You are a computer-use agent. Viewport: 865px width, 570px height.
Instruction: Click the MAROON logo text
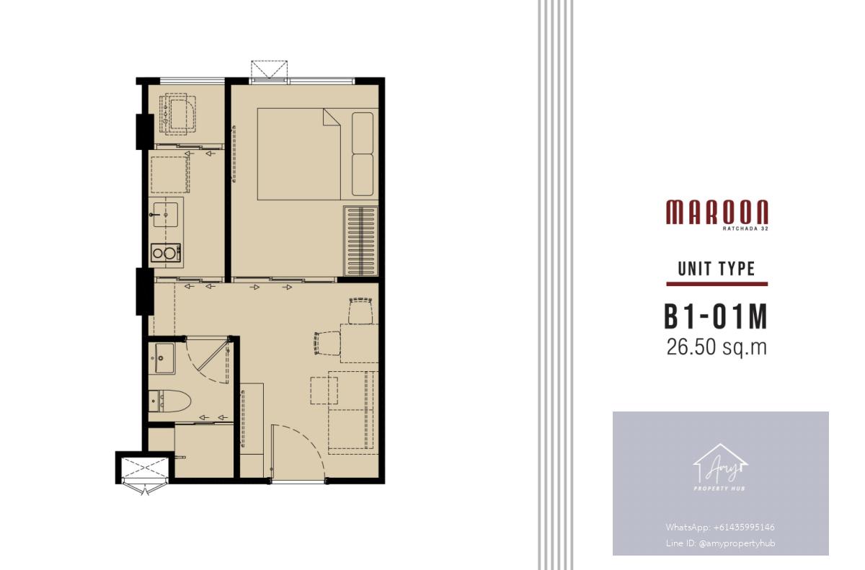717,212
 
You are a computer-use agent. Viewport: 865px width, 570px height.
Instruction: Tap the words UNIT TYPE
717,269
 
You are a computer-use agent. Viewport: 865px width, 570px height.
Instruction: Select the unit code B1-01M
716,317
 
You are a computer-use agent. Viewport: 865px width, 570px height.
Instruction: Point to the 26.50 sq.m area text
717,347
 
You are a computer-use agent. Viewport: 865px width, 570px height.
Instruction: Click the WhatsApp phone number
720,527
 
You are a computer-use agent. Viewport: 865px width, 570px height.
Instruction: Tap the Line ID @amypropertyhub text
720,543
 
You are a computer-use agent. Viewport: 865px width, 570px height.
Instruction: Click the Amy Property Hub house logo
720,468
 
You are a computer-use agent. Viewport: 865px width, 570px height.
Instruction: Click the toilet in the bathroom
170,401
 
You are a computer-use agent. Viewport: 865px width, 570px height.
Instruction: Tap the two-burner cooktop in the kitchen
166,253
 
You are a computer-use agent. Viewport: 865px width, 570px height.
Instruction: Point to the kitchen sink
165,215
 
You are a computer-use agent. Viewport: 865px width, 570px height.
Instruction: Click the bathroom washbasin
164,358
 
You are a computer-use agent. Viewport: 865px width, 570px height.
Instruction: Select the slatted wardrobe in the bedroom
360,241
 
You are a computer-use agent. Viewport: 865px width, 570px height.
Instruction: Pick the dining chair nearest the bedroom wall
360,311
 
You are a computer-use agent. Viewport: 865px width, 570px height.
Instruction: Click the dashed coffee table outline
324,391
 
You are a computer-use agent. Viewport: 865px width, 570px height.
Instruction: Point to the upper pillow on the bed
363,133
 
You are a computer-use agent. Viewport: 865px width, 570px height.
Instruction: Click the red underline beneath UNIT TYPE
717,284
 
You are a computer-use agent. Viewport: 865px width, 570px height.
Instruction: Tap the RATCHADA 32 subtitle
745,228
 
